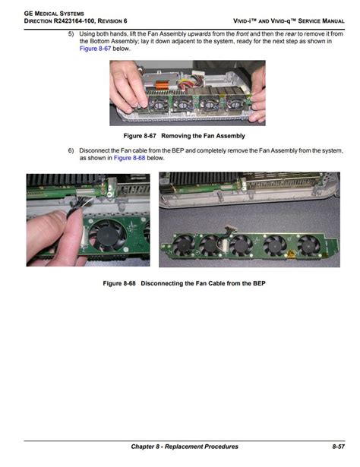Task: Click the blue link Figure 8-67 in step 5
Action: click(x=95, y=49)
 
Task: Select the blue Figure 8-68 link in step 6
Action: click(x=129, y=158)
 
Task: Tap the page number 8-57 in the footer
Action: click(x=338, y=446)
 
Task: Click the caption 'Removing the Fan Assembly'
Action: click(x=203, y=136)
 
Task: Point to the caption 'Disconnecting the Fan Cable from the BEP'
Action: click(x=203, y=283)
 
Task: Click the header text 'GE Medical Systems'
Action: click(x=54, y=14)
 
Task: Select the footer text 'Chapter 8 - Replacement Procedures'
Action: click(x=185, y=446)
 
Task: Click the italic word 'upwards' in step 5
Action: click(x=199, y=33)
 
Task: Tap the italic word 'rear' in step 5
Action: click(x=290, y=33)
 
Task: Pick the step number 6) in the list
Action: click(x=71, y=150)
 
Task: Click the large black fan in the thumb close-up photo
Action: click(x=108, y=235)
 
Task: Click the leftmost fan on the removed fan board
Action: click(x=184, y=244)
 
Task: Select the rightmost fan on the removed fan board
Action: click(x=308, y=245)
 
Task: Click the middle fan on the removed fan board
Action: click(x=242, y=245)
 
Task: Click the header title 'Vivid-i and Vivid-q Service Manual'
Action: click(x=289, y=21)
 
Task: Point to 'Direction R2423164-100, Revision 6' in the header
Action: click(x=76, y=21)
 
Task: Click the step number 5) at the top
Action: click(x=71, y=33)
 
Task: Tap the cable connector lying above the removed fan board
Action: click(x=229, y=229)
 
